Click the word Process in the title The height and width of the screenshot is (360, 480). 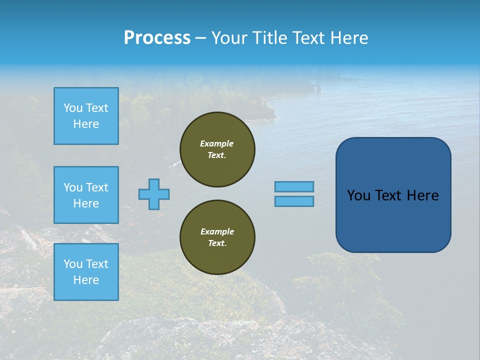157,38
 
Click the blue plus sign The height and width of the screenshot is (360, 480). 154,194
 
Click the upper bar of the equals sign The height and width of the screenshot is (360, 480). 294,186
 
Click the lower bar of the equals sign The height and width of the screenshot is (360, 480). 294,201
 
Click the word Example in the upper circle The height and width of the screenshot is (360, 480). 217,143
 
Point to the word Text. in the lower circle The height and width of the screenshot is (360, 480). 217,243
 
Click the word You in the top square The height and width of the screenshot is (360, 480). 73,108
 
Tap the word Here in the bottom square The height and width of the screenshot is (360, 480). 86,280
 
